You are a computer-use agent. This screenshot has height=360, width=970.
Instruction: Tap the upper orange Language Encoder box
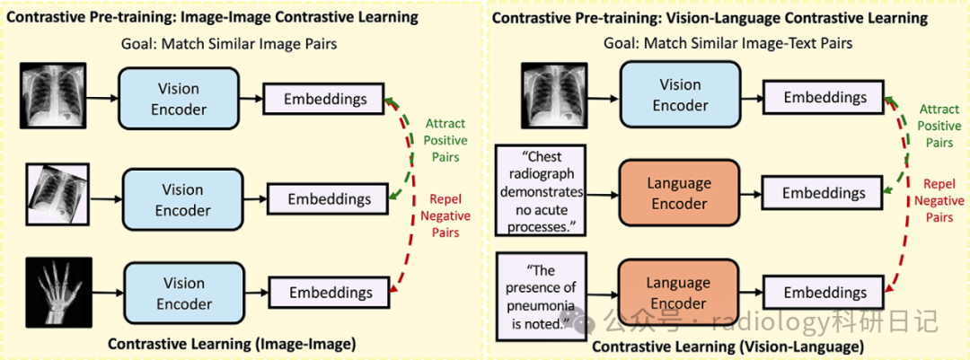pos(679,193)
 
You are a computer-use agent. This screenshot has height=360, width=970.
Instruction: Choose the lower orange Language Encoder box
pos(679,293)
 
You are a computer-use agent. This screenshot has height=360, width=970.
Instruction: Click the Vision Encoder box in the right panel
pos(679,95)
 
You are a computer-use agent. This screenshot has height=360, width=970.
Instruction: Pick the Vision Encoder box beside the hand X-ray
pos(183,293)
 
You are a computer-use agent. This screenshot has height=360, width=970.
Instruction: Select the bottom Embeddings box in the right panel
pos(824,293)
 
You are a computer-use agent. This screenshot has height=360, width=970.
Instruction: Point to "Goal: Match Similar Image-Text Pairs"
pos(727,43)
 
